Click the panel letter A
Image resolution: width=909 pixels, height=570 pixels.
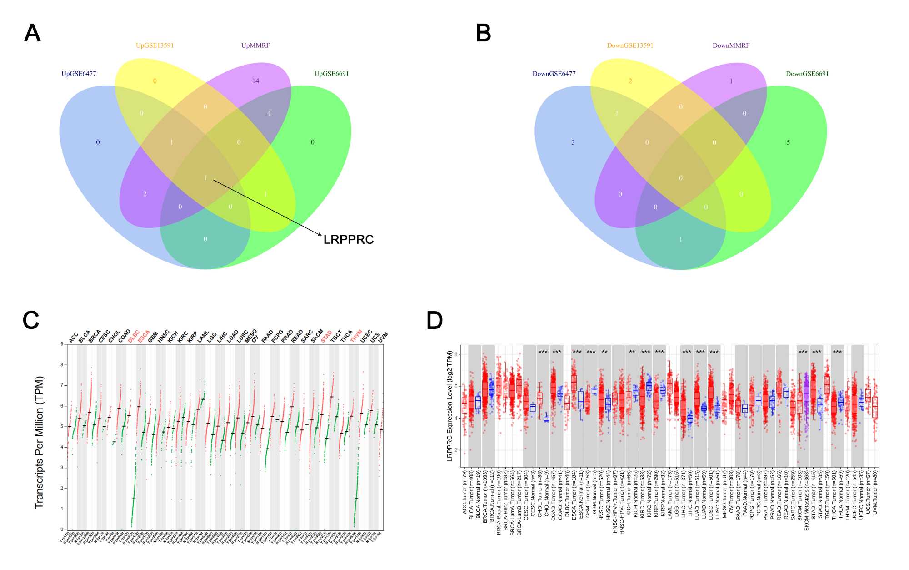pyautogui.click(x=32, y=33)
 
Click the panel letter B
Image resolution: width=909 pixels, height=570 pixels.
pyautogui.click(x=484, y=33)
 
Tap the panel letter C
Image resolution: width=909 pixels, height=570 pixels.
pyautogui.click(x=31, y=320)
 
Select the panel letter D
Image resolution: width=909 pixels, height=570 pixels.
pyautogui.click(x=435, y=320)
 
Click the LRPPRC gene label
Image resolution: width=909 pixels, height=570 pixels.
pyautogui.click(x=348, y=240)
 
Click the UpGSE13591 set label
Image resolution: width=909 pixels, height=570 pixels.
pyautogui.click(x=155, y=45)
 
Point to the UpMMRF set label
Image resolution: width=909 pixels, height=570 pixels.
pyautogui.click(x=255, y=45)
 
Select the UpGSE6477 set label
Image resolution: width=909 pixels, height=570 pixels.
pyautogui.click(x=79, y=74)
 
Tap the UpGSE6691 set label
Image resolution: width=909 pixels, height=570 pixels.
pyautogui.click(x=331, y=74)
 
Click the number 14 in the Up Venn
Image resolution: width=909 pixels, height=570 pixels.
pyautogui.click(x=255, y=81)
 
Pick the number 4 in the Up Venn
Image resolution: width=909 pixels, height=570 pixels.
pyautogui.click(x=269, y=113)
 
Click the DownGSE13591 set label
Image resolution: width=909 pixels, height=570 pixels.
pyautogui.click(x=630, y=45)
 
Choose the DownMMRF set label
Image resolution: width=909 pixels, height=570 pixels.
pyautogui.click(x=731, y=45)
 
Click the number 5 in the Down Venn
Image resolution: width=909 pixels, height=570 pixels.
pyautogui.click(x=788, y=142)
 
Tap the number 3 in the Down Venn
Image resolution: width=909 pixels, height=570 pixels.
pyautogui.click(x=573, y=142)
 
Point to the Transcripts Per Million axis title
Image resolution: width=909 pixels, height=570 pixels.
pyautogui.click(x=40, y=442)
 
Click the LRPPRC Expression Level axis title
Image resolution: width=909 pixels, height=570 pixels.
pyautogui.click(x=450, y=406)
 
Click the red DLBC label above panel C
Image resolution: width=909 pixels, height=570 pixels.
pyautogui.click(x=134, y=337)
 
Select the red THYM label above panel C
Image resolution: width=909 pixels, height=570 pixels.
pyautogui.click(x=356, y=336)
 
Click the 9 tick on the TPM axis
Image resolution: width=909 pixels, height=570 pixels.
pyautogui.click(x=62, y=344)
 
